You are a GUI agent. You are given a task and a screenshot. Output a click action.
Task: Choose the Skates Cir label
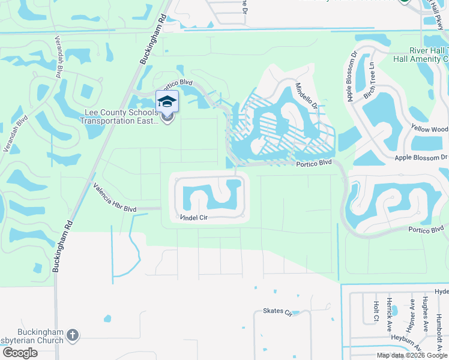(x=277, y=312)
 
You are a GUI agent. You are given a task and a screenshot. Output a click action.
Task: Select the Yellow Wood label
(x=430, y=129)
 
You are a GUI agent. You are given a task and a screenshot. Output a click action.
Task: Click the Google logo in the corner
(x=19, y=353)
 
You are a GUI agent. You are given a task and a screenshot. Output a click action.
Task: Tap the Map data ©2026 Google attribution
(x=412, y=355)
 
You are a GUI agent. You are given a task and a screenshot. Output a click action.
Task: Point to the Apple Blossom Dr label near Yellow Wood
(x=421, y=157)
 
